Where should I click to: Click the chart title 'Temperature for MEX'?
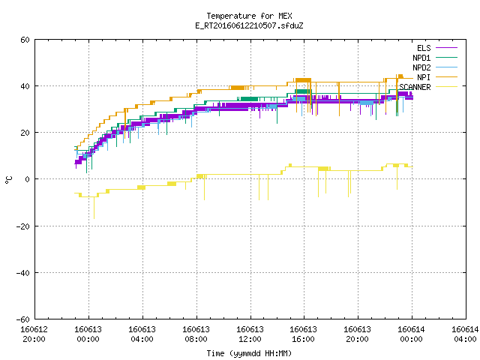tap(249, 16)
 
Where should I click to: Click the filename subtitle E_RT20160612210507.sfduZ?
tap(249, 25)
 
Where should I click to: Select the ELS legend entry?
tap(424, 48)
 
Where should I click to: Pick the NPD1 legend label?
tap(421, 58)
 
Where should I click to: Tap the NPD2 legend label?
tap(421, 67)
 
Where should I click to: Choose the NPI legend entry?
tap(424, 77)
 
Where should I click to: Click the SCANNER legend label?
tap(415, 87)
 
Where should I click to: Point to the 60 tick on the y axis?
tap(25, 40)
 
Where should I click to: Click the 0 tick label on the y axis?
tap(28, 179)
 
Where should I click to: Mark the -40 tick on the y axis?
tap(23, 273)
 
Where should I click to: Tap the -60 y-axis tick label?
tap(23, 319)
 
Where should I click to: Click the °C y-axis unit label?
tap(9, 180)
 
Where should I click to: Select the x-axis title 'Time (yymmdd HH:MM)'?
tap(249, 353)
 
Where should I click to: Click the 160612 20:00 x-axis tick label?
tap(34, 334)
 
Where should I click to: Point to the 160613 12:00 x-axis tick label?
tap(250, 334)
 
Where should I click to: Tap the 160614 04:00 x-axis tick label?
tap(465, 334)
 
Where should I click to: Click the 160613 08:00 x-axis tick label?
tap(196, 334)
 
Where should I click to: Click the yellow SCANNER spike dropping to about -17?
tap(94, 208)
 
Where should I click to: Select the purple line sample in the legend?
tap(447, 48)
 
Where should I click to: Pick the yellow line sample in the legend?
tap(447, 87)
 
